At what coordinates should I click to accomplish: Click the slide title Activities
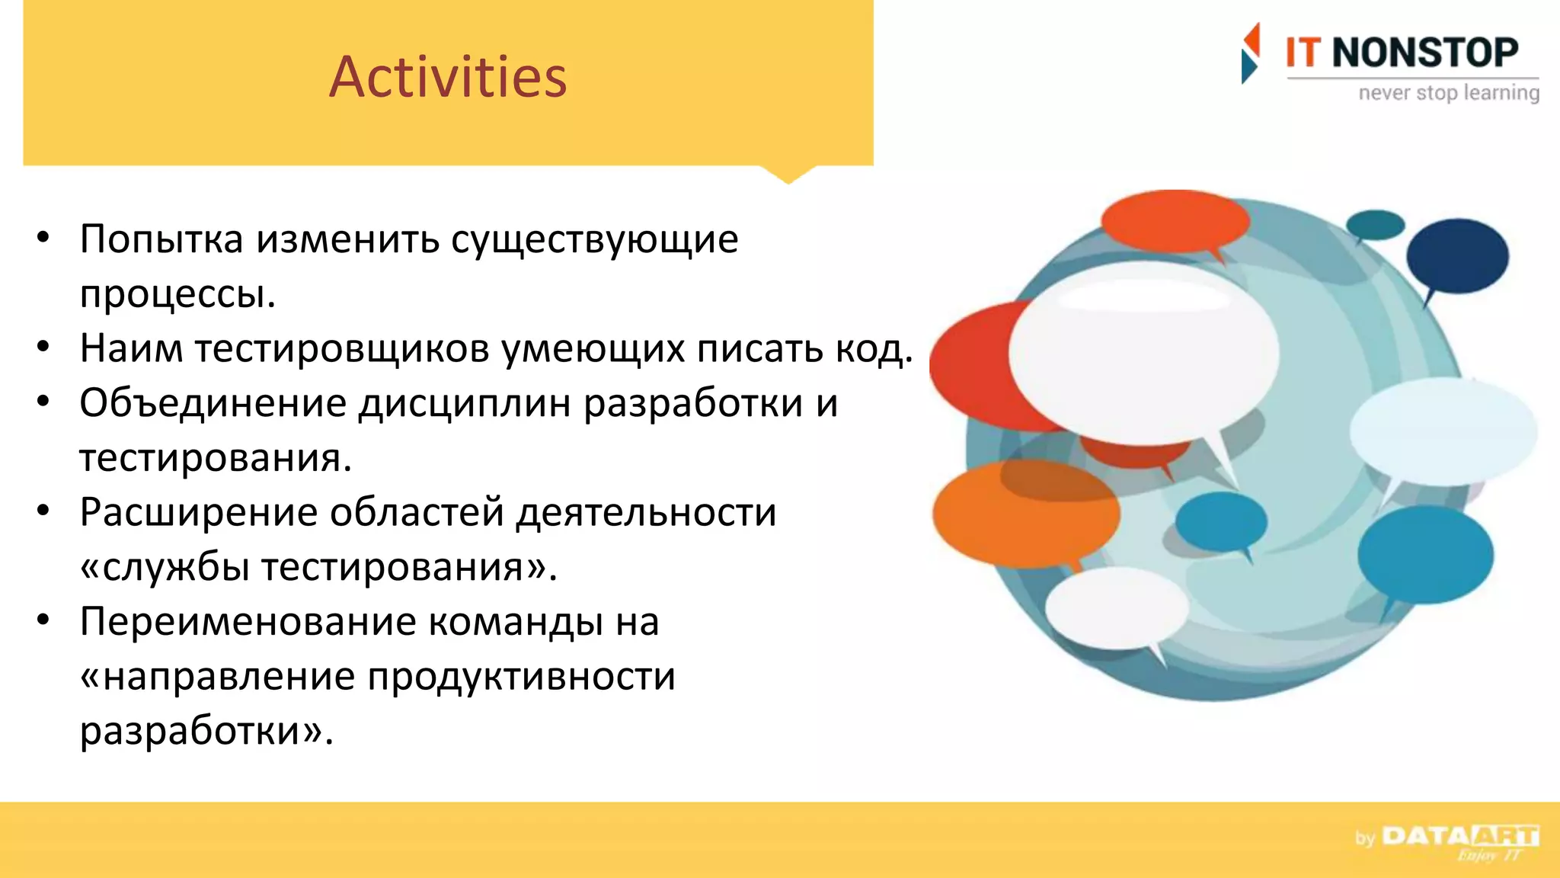coord(448,78)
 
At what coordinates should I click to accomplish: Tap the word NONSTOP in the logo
coord(1424,53)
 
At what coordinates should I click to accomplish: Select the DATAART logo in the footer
coord(1459,837)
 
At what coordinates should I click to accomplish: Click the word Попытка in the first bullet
coord(161,239)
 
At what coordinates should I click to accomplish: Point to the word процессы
coord(177,294)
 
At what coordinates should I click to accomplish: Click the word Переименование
coord(248,621)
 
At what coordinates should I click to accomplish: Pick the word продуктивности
coord(522,677)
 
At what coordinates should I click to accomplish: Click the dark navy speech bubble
coord(1456,255)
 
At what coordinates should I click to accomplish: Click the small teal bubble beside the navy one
coord(1375,225)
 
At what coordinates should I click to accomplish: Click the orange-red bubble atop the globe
coord(1175,221)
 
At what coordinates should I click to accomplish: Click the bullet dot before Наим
coord(43,348)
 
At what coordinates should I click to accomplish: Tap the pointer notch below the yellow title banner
coord(788,175)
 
